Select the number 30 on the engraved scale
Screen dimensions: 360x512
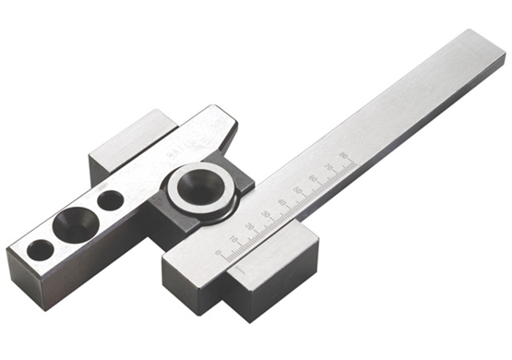267,214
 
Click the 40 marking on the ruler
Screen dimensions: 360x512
282,203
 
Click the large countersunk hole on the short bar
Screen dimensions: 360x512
70,222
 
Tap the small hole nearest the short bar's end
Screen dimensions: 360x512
40,249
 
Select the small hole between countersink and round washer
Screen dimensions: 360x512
110,199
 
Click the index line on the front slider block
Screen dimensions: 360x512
236,270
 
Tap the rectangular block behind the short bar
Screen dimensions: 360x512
129,138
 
